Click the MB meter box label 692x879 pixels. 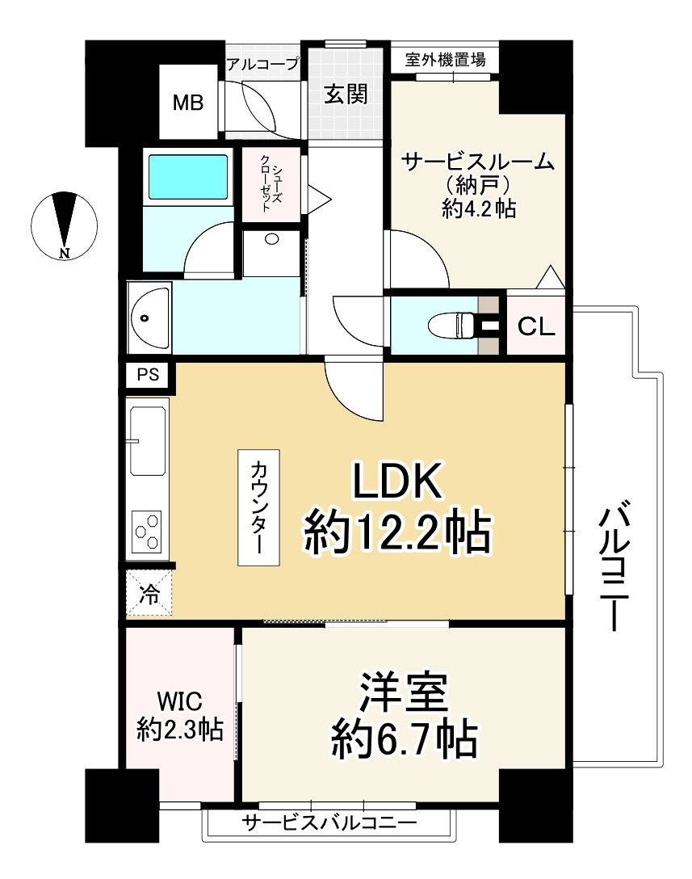[187, 103]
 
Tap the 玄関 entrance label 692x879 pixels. [346, 94]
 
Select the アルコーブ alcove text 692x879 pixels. [262, 64]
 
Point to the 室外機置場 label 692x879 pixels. [445, 60]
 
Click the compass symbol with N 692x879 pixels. [65, 225]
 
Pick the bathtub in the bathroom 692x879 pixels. [187, 177]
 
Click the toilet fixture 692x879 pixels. [452, 325]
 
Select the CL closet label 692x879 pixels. [536, 326]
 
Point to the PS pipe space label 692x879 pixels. [148, 374]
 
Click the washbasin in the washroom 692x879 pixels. [149, 318]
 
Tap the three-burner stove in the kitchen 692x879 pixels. [147, 531]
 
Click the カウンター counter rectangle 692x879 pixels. [258, 507]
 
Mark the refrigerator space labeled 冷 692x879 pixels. [149, 592]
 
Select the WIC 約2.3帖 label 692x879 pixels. [180, 716]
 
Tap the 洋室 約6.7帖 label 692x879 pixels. [404, 715]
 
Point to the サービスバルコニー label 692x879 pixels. [329, 822]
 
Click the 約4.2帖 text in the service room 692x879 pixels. [479, 208]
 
